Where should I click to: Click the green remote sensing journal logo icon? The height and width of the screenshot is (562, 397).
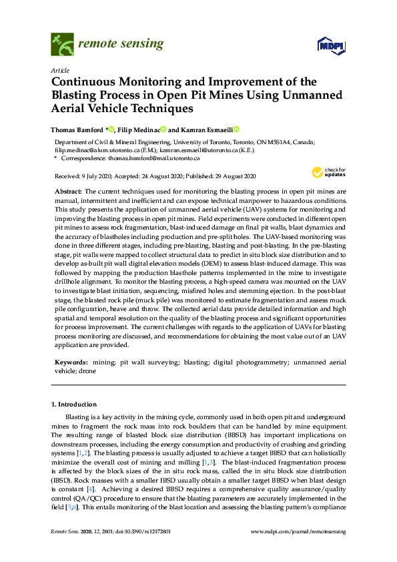[62, 45]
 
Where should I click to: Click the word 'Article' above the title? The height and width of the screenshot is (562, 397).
[59, 69]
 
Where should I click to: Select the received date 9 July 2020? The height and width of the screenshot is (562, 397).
[92, 177]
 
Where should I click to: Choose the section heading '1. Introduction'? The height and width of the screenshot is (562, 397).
[74, 404]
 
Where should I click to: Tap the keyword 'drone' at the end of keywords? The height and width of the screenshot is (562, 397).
[87, 370]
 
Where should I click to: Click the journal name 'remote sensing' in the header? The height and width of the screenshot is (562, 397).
[121, 44]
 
